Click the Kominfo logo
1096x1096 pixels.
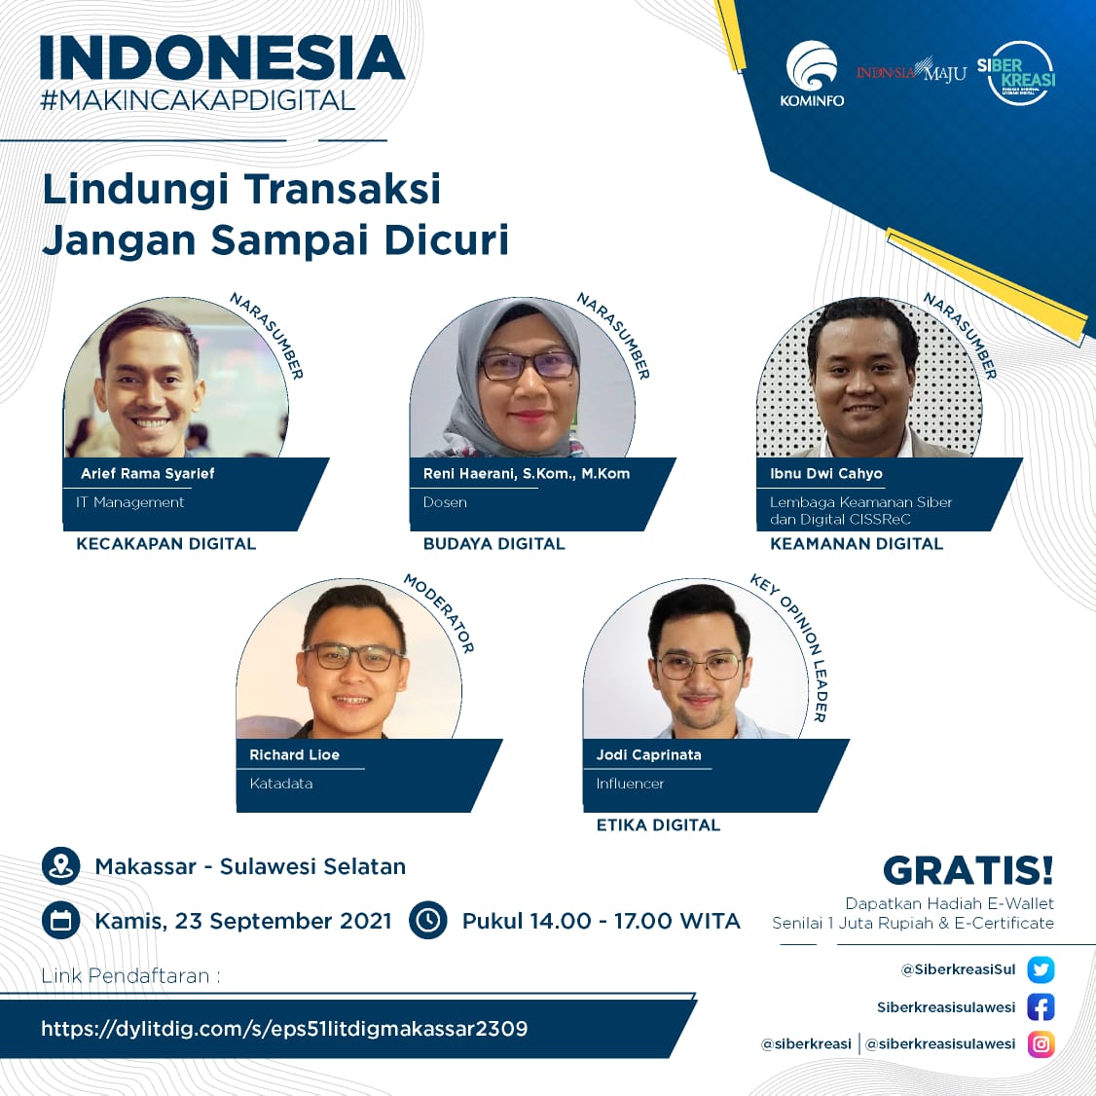812,74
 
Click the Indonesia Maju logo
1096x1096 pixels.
911,70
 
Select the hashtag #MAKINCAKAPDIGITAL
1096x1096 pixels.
198,100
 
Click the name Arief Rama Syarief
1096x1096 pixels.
148,473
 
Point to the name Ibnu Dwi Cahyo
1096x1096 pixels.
826,473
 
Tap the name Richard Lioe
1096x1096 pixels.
294,754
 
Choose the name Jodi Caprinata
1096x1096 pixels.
648,754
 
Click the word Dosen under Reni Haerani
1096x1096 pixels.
445,502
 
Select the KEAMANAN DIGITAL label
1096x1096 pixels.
857,544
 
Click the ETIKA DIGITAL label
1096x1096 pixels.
658,824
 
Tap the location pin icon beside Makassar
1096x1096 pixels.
60,866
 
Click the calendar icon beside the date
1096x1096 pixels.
60,921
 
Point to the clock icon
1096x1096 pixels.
427,921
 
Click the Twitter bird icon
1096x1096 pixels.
1041,969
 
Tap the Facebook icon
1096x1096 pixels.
1041,1007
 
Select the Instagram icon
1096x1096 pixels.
1041,1044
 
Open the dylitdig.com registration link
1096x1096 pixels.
284,1029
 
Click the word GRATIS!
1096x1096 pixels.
968,871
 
